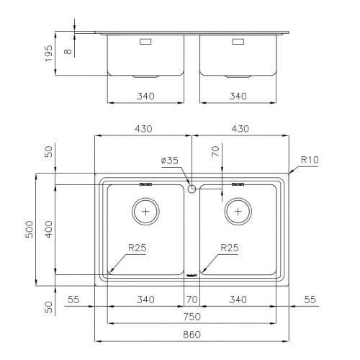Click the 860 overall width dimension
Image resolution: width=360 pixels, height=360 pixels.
point(192,334)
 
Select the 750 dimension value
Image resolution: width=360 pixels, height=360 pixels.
point(192,317)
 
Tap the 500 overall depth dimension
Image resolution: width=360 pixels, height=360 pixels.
point(30,230)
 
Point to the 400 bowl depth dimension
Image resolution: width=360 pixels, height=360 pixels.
point(49,230)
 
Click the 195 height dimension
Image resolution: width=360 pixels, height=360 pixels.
point(49,53)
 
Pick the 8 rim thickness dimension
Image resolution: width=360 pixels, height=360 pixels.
point(68,51)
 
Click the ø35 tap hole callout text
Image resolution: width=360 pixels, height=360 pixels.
point(170,161)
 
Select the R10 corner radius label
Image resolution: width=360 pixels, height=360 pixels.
point(310,160)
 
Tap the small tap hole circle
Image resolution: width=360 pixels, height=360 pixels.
point(192,189)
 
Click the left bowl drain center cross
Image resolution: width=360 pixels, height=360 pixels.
point(145,212)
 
